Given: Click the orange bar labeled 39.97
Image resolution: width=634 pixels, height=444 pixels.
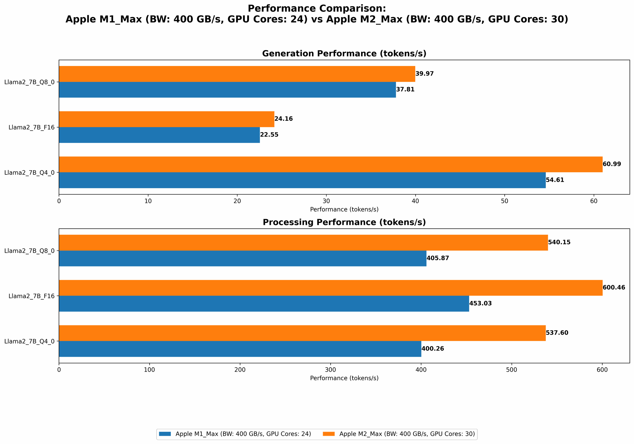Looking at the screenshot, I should pyautogui.click(x=237, y=74).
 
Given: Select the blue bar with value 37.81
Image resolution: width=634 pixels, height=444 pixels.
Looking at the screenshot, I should pyautogui.click(x=227, y=90).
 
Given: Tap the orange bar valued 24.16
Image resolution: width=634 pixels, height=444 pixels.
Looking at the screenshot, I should pyautogui.click(x=166, y=119).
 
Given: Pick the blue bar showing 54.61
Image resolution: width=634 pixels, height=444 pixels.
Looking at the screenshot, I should pyautogui.click(x=302, y=180).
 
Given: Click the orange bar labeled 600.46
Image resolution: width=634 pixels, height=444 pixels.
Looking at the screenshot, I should pyautogui.click(x=330, y=288).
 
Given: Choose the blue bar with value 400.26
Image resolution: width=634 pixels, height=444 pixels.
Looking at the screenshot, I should pyautogui.click(x=240, y=349).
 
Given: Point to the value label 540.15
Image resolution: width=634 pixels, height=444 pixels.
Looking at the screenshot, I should pyautogui.click(x=559, y=242).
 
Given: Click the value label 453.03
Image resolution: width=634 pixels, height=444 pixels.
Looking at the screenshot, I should pyautogui.click(x=481, y=304).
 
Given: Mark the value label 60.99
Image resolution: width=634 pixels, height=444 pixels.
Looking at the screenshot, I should pyautogui.click(x=612, y=164).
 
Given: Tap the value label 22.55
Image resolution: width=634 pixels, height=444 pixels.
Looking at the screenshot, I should pyautogui.click(x=269, y=135).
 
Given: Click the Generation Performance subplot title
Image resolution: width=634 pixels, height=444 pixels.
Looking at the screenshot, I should pyautogui.click(x=344, y=54).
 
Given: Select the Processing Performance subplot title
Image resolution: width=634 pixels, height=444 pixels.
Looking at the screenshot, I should pyautogui.click(x=344, y=222).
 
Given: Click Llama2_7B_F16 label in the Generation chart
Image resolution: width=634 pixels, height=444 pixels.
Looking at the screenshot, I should pyautogui.click(x=31, y=127).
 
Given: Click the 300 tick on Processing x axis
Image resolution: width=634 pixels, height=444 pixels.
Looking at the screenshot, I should pyautogui.click(x=330, y=369).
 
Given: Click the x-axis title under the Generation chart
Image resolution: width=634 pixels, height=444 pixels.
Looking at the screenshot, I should pyautogui.click(x=344, y=209).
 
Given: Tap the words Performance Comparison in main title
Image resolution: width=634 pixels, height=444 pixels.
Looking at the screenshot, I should pyautogui.click(x=317, y=8).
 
